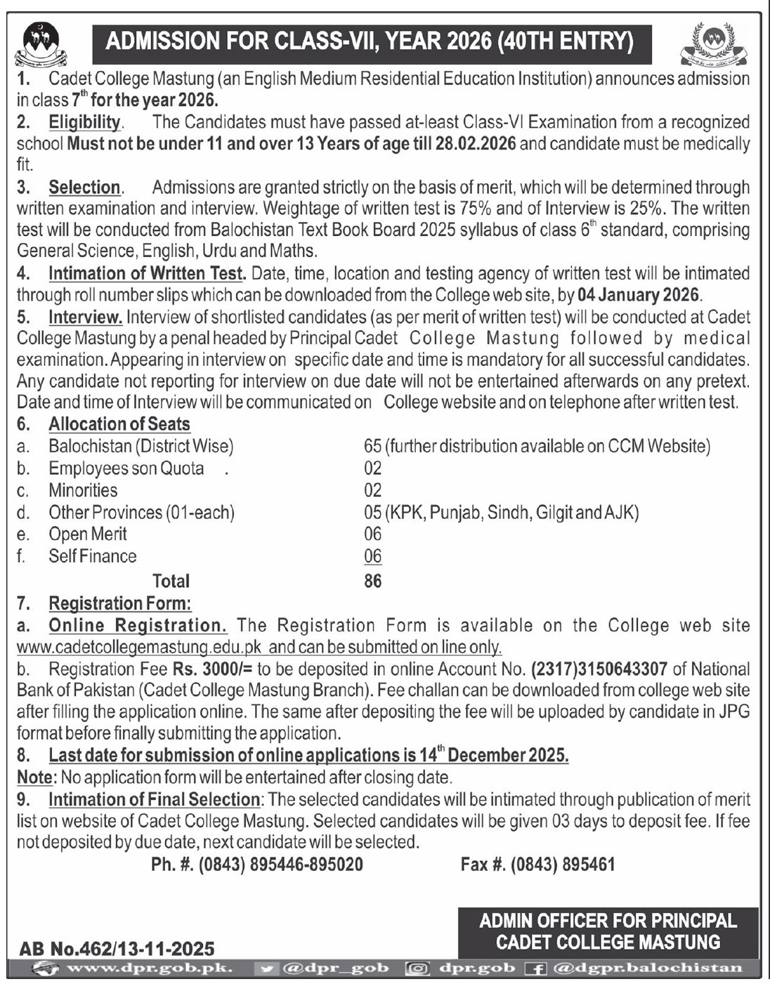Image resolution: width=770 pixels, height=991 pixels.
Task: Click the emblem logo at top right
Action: click(x=714, y=44)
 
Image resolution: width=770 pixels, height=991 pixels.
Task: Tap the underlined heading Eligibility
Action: click(x=84, y=122)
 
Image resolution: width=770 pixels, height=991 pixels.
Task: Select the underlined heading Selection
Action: click(x=84, y=188)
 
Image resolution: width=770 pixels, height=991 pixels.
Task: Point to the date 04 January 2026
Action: click(x=638, y=295)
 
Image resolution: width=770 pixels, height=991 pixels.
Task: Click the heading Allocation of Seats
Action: click(x=119, y=424)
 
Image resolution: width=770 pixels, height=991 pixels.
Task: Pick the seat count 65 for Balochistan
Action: click(x=372, y=446)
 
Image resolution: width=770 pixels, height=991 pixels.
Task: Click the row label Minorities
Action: click(x=83, y=490)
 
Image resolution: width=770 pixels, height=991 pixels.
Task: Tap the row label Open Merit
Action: click(x=87, y=534)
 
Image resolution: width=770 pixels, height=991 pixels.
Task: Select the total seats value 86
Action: click(x=372, y=581)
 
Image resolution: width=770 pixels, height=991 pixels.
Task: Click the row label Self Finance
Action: click(x=92, y=556)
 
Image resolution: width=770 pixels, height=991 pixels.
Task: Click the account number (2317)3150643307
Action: click(x=599, y=669)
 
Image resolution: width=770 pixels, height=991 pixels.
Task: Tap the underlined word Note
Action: click(x=35, y=777)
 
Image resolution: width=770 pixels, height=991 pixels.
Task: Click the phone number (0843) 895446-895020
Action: click(x=281, y=865)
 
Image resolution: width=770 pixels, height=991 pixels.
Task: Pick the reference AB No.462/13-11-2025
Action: click(x=117, y=950)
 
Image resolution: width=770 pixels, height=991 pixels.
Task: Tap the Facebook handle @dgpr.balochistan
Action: click(x=647, y=969)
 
